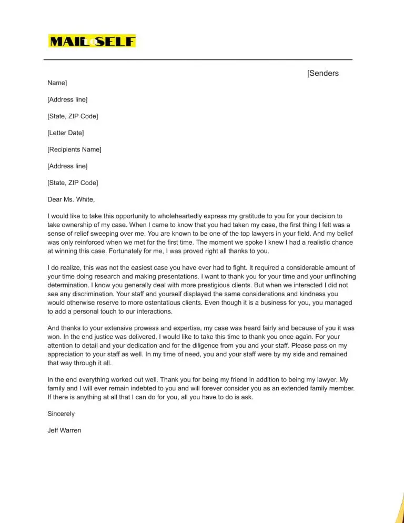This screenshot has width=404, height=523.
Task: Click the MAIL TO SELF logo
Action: pos(92,41)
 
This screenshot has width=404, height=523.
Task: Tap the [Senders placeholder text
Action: pos(323,73)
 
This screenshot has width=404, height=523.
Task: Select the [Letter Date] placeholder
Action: pos(65,133)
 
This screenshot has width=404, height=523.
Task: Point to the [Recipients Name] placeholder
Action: pos(74,149)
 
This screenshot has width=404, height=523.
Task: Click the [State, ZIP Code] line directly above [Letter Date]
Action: pos(73,116)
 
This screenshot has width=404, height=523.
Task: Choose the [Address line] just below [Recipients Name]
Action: pos(67,166)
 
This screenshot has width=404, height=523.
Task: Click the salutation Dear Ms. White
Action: pos(71,199)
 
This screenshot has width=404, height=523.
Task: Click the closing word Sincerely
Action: pos(61,414)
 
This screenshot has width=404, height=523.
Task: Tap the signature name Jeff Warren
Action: pos(64,430)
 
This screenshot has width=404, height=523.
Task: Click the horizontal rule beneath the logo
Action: pos(198,60)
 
